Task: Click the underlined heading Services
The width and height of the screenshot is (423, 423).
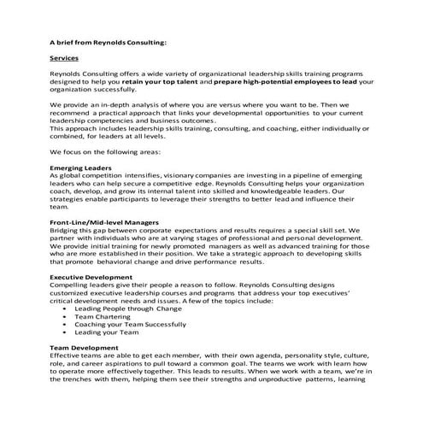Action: pyautogui.click(x=64, y=58)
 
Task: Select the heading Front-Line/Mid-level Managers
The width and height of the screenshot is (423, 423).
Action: pyautogui.click(x=104, y=222)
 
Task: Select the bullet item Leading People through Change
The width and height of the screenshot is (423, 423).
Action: pyautogui.click(x=121, y=308)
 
